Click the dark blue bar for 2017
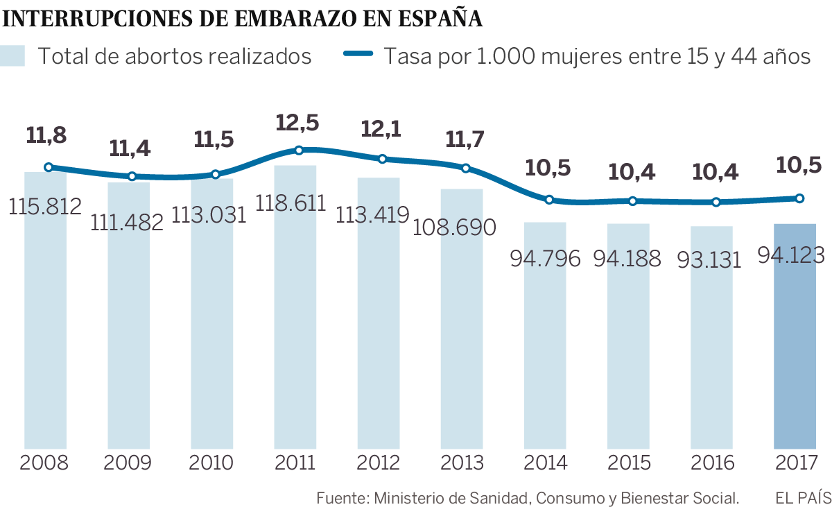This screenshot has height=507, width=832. [x=795, y=347]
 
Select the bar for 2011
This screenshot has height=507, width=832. [x=295, y=333]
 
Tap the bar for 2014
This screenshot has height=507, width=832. [x=545, y=347]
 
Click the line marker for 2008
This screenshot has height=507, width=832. [x=48, y=167]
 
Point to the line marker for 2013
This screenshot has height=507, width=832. [x=466, y=168]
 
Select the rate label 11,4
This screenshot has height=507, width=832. [x=132, y=148]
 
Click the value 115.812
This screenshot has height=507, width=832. [x=46, y=206]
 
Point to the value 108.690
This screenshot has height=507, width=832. [x=455, y=227]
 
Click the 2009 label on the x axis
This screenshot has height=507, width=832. [x=128, y=463]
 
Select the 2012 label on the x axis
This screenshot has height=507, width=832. [x=379, y=463]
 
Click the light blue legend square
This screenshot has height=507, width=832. [x=13, y=56]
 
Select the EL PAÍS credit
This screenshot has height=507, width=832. [x=803, y=497]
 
